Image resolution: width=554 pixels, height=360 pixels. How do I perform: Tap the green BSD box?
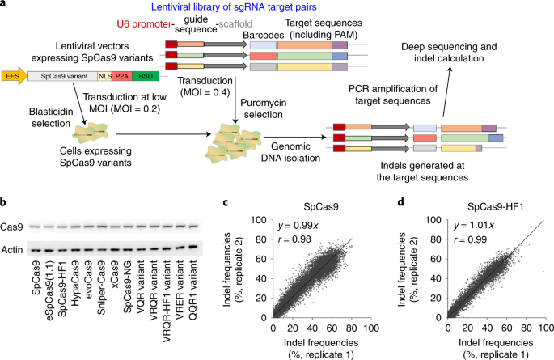[146, 77]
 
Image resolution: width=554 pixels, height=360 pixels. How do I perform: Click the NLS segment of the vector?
[104, 77]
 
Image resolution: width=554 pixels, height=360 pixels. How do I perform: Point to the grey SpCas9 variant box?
[61, 77]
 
